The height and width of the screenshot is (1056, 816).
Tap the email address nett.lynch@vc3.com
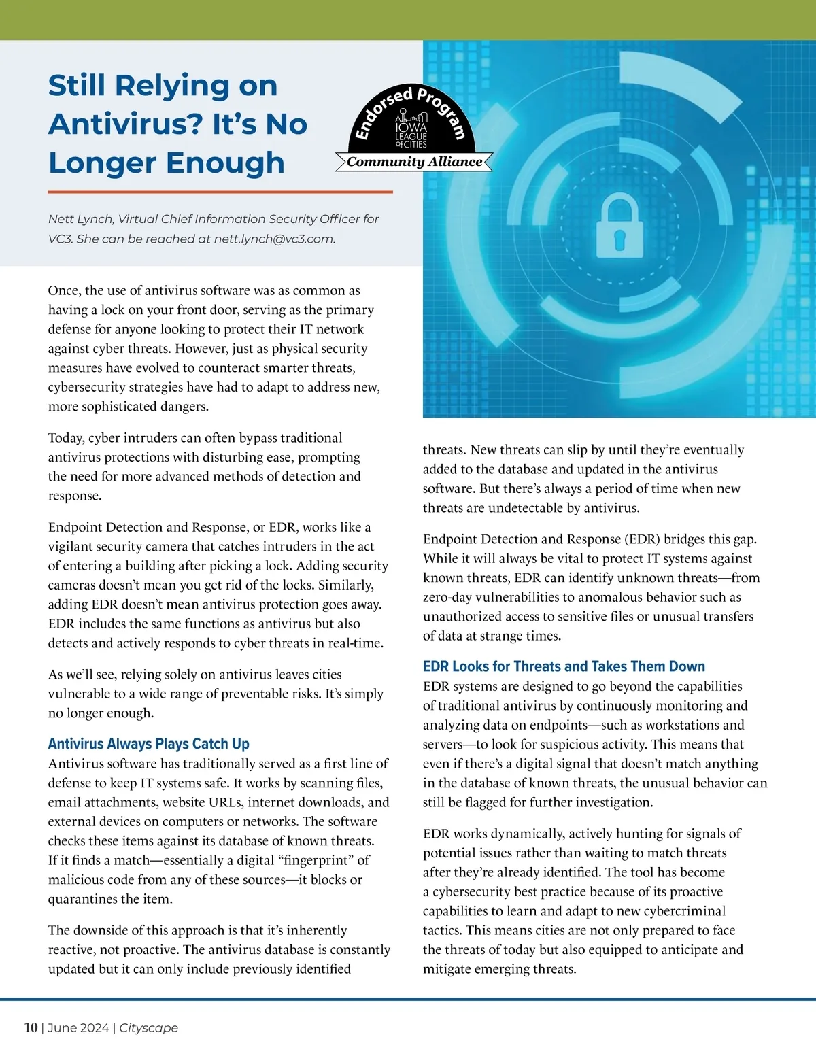pos(274,239)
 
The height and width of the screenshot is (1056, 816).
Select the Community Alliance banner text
pos(414,162)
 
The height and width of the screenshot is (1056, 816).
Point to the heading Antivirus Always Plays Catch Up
pos(148,744)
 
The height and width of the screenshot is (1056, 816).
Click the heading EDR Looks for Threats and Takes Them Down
pos(564,666)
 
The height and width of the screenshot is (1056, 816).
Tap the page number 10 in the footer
pos(31,1027)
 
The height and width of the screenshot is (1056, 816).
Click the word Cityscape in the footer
pos(148,1027)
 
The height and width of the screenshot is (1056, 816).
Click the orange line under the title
pos(220,192)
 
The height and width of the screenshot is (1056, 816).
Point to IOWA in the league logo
pos(411,127)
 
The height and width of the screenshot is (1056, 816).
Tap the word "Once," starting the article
pos(64,290)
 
